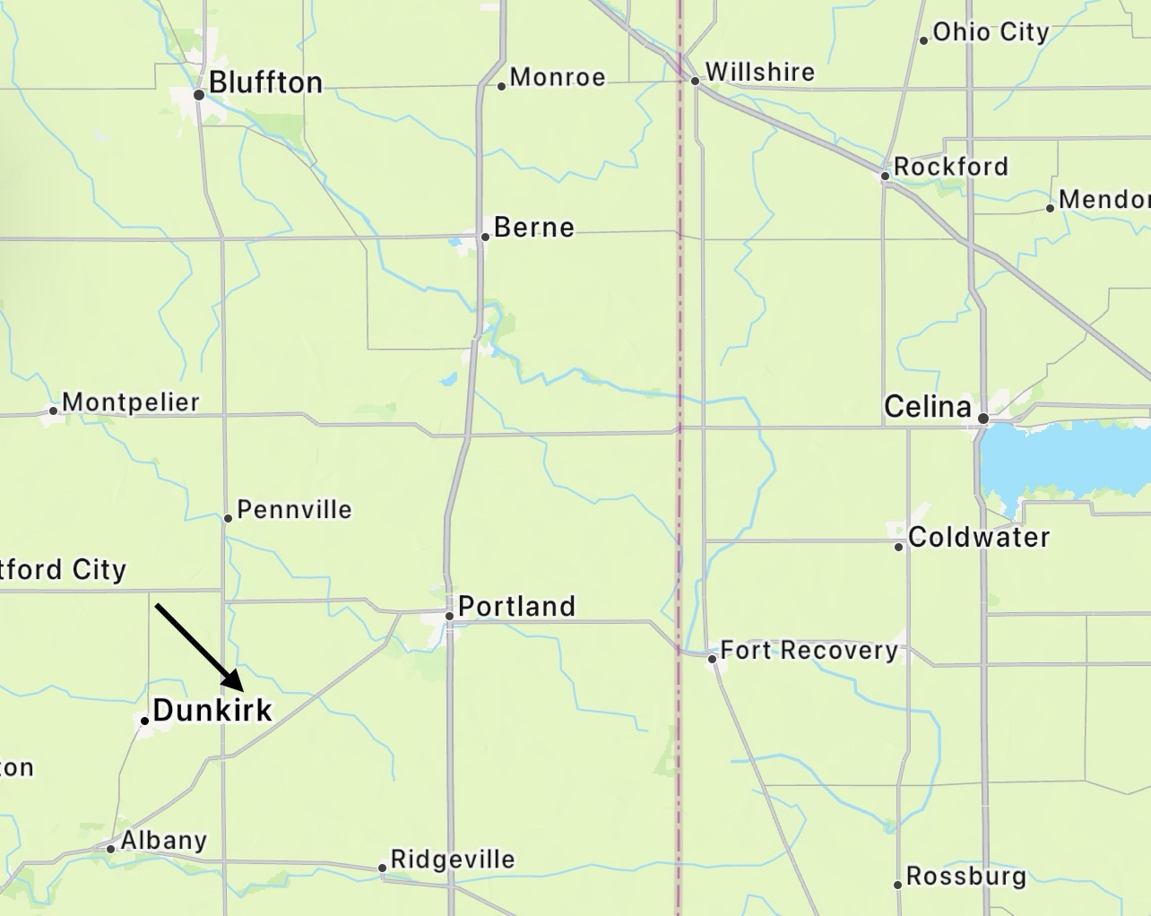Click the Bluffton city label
pos(265,82)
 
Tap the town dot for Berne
pos(485,237)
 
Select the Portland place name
pos(516,607)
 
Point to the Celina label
pos(928,407)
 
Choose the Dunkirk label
pos(212,711)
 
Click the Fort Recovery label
pos(809,650)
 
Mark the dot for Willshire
pos(695,81)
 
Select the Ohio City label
pos(991,32)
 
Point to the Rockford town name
pos(950,167)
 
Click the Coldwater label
pos(979,538)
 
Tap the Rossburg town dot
pos(897,885)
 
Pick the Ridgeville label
pos(453,860)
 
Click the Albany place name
pos(164,841)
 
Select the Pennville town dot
pos(228,518)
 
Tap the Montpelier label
pos(131,402)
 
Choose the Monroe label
pos(558,78)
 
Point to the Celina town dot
pos(983,419)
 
